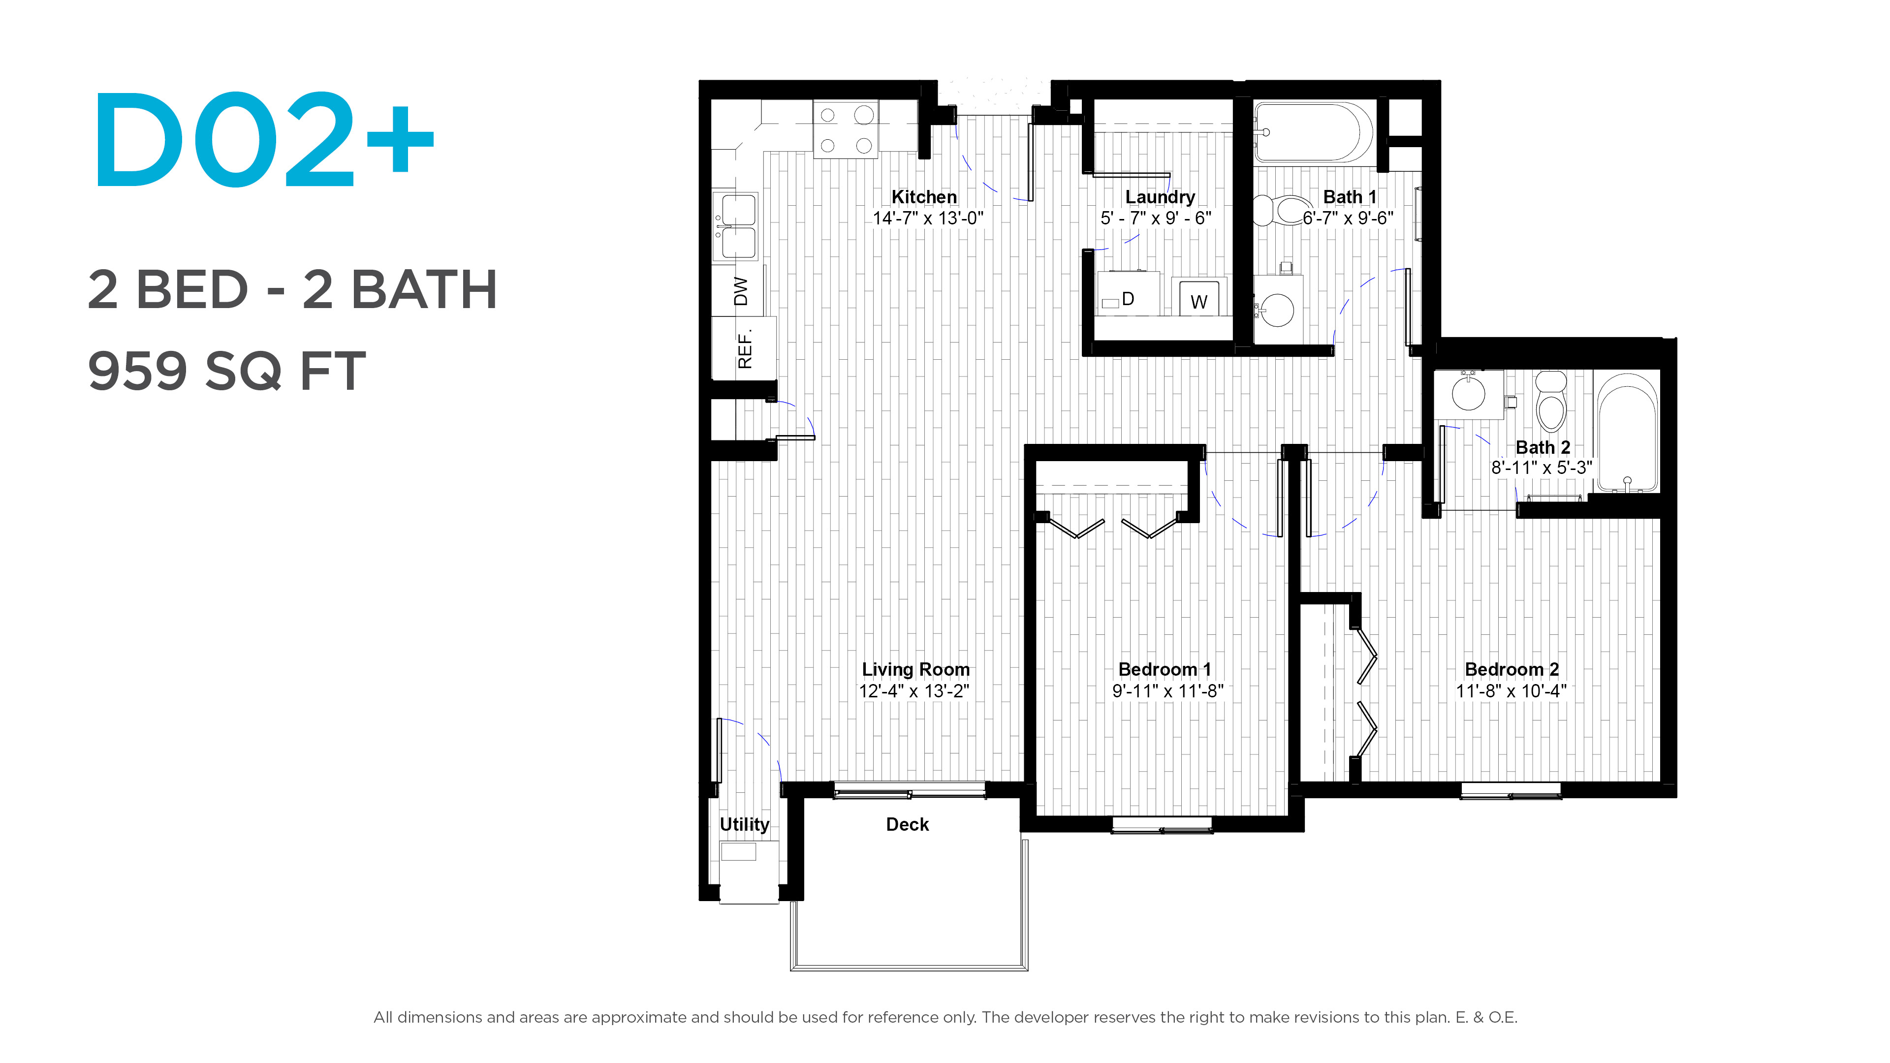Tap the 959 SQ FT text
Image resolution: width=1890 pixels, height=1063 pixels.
pyautogui.click(x=227, y=371)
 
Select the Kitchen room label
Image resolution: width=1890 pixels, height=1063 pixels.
pyautogui.click(x=924, y=197)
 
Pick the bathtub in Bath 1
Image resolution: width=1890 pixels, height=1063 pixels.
pyautogui.click(x=1313, y=132)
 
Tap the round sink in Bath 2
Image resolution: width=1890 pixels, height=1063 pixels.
pyautogui.click(x=1469, y=393)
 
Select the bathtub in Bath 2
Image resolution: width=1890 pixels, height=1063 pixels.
pyautogui.click(x=1627, y=433)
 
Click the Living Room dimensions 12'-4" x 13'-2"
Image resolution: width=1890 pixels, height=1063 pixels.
pyautogui.click(x=914, y=691)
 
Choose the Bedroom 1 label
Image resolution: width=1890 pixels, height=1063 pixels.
pyautogui.click(x=1165, y=669)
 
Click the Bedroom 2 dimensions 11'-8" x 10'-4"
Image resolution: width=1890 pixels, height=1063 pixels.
pyautogui.click(x=1512, y=691)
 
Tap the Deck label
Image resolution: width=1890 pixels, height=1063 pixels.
pyautogui.click(x=908, y=825)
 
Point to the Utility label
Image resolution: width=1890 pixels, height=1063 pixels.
pyautogui.click(x=744, y=825)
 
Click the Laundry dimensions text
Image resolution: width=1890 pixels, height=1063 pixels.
pyautogui.click(x=1156, y=218)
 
